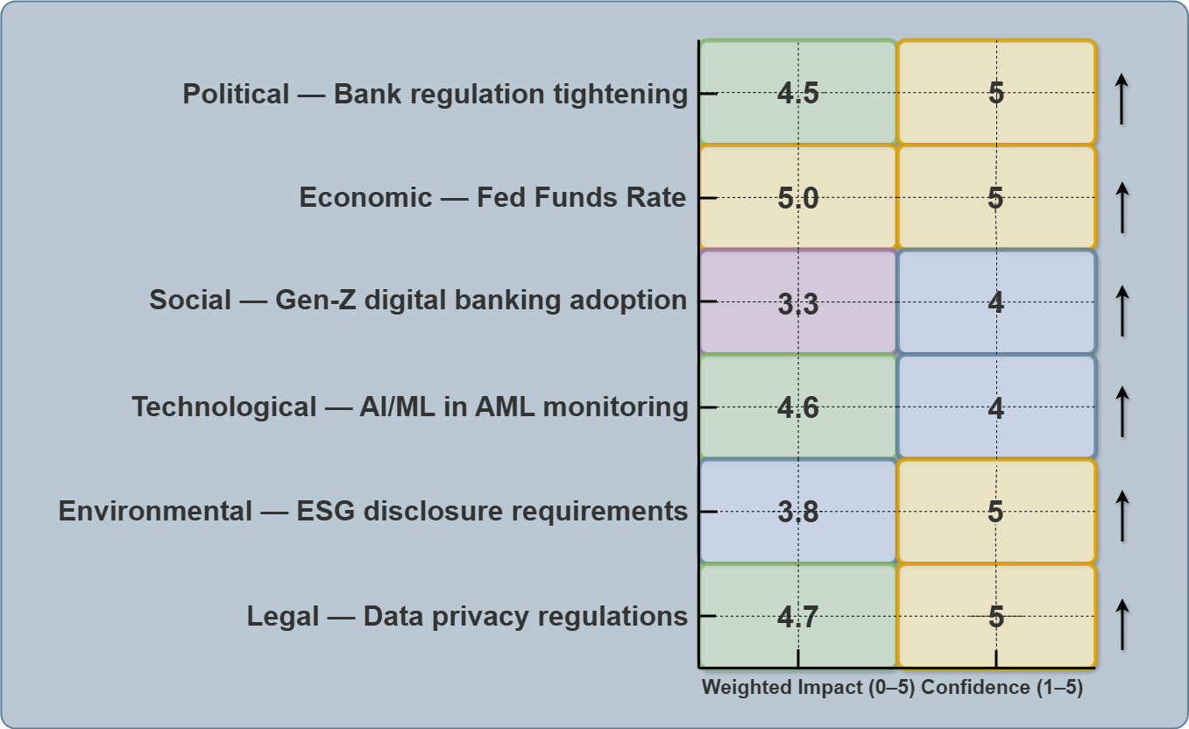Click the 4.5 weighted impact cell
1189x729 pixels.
[798, 92]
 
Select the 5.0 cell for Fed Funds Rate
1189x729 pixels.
[798, 198]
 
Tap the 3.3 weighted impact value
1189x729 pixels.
[798, 302]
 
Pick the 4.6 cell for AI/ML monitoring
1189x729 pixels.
[798, 407]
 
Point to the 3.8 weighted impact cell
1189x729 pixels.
[798, 512]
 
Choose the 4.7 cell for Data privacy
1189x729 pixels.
[798, 617]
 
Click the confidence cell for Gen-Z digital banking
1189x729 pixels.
[996, 302]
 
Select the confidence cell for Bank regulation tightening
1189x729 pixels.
[996, 92]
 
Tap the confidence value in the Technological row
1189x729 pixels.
[996, 407]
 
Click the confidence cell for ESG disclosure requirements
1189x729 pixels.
[996, 512]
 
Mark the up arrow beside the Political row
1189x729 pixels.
[1122, 99]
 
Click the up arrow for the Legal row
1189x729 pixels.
[1122, 624]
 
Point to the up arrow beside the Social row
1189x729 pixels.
[1122, 309]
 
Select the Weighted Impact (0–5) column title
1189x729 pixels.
[808, 688]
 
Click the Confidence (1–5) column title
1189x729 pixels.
[1002, 688]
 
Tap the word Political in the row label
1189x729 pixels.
[236, 94]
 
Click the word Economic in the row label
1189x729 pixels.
[365, 198]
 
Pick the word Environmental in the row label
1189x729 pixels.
[155, 511]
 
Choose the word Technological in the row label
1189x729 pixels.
[224, 407]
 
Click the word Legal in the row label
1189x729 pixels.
[283, 616]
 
